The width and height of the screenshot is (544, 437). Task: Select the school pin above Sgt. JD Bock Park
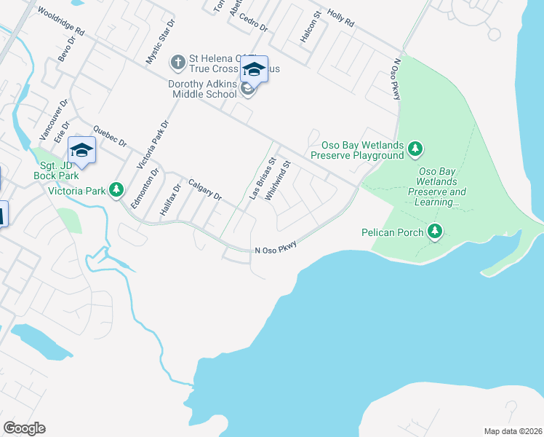coord(82,151)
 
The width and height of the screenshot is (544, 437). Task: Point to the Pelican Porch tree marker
coord(435,232)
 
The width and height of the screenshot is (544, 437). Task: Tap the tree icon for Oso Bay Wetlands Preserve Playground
coord(415,149)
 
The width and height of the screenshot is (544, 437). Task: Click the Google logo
coord(24,428)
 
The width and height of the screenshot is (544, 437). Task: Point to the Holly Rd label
coord(340,19)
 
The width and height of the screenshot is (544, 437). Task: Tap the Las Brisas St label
coord(263,178)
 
